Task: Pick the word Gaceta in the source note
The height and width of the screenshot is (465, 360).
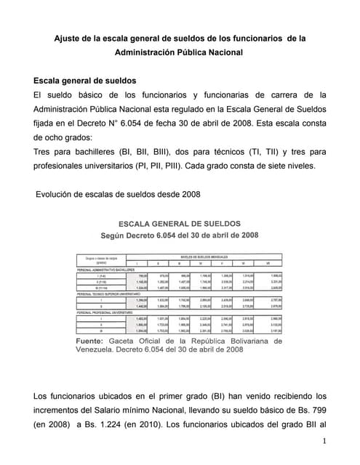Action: tap(137, 341)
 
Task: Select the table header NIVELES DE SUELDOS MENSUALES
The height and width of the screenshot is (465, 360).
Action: tap(212, 256)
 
